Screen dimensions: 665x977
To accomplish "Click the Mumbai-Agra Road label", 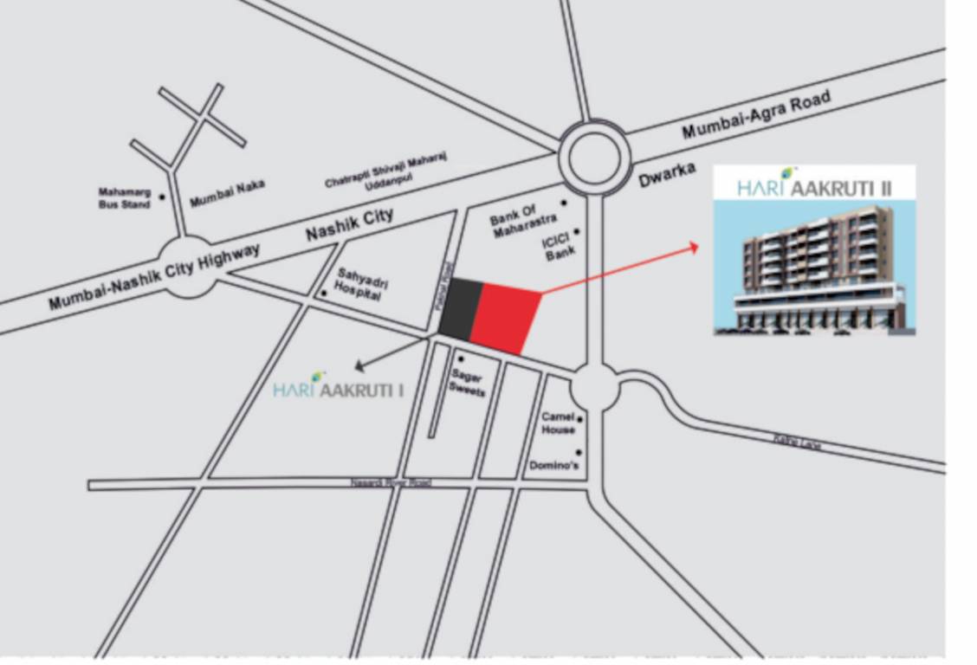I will click(755, 115).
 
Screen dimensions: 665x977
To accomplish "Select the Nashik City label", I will click(349, 224).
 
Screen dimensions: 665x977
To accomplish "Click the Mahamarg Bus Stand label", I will click(124, 198).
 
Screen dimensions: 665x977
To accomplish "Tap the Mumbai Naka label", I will click(227, 192).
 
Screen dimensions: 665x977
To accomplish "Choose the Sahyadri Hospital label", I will click(358, 283).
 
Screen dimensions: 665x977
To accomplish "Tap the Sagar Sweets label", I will click(466, 383).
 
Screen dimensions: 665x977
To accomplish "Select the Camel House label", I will click(558, 423).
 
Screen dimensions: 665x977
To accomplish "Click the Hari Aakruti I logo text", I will click(338, 389).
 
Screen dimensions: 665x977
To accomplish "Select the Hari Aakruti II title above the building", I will click(814, 186).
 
